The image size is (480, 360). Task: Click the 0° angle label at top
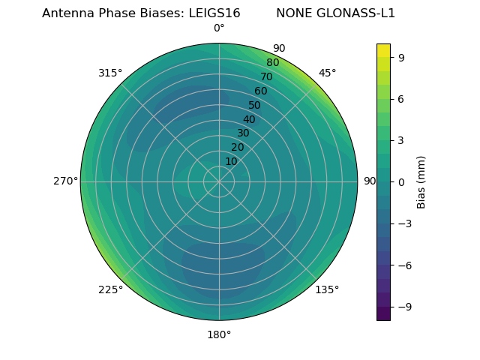pos(219,28)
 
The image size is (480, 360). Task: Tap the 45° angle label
pos(327,73)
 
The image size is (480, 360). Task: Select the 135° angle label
pos(327,289)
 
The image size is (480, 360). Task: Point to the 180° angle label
pos(219,334)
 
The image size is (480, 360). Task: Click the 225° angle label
pos(110,289)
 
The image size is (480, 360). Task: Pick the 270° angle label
pos(65,181)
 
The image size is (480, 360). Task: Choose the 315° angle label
pos(110,73)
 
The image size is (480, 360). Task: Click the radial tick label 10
pos(231,161)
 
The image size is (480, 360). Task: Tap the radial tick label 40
pos(249,119)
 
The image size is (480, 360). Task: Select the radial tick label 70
pos(266,76)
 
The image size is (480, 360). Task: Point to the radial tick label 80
pos(272,62)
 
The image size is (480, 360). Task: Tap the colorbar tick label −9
pos(404,307)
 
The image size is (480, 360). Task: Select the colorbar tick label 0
pos(401,181)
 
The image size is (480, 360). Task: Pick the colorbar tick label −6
pos(404,265)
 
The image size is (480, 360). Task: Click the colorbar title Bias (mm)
pos(421,181)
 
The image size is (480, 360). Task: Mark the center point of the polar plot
pos(219,181)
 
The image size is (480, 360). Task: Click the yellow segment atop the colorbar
pos(383,50)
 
